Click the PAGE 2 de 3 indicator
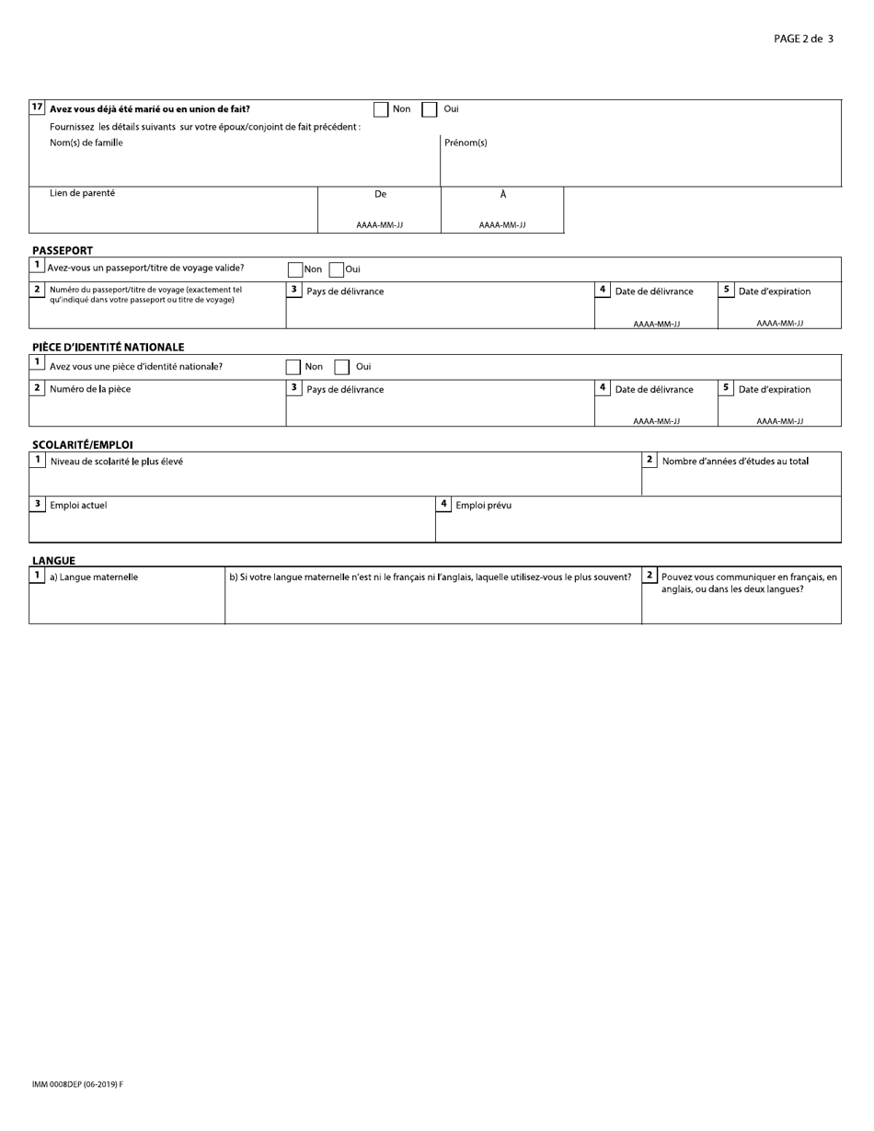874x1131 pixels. tap(803, 39)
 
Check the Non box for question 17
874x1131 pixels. tap(381, 109)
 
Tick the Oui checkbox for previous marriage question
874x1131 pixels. tap(430, 109)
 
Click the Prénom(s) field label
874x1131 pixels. tap(466, 143)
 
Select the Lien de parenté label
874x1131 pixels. tap(83, 193)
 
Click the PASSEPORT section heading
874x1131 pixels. tap(63, 250)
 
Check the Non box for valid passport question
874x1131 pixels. tap(295, 269)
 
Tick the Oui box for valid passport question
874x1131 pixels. tap(337, 269)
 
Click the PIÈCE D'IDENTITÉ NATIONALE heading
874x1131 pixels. tap(109, 348)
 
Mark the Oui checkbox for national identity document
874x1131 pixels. tap(341, 367)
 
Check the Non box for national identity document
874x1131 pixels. tap(293, 367)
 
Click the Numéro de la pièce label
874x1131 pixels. tap(90, 389)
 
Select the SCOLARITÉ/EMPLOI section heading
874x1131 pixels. tap(83, 445)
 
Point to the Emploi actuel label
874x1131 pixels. tap(78, 505)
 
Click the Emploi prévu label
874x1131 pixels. tap(484, 505)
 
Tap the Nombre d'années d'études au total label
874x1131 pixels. tap(735, 461)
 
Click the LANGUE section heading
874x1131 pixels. tap(54, 561)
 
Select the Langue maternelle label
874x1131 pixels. tap(94, 577)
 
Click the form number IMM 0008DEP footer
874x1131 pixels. tap(77, 1084)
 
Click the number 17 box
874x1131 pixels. tap(37, 108)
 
